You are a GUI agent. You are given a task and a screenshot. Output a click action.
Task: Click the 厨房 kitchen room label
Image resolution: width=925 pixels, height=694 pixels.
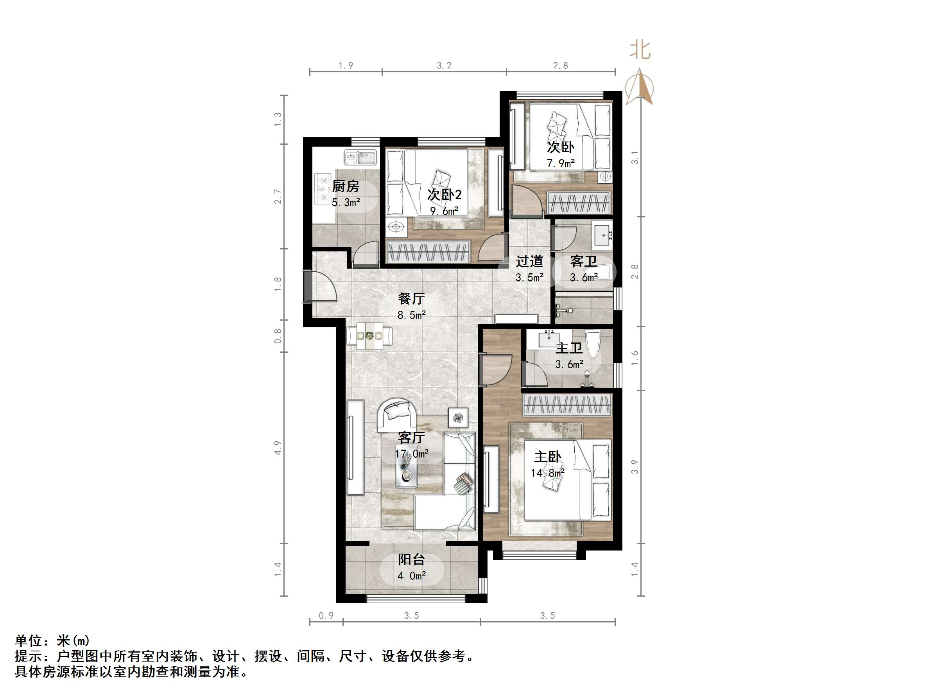point(346,186)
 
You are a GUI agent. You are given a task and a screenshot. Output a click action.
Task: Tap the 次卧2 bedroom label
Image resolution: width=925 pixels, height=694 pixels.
point(444,195)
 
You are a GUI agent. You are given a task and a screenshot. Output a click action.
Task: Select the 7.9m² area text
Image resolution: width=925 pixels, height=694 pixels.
point(560,163)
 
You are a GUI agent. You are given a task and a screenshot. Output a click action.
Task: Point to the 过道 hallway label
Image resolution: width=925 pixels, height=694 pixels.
point(529,262)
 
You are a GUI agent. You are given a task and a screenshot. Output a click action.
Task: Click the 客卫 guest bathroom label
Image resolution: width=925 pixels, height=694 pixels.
point(583,262)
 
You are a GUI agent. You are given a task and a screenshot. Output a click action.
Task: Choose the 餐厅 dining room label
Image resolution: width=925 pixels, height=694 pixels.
point(411,299)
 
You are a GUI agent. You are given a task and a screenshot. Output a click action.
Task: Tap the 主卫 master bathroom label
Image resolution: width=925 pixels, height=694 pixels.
point(569,348)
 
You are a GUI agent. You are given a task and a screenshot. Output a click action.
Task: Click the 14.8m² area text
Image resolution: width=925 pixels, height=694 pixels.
point(547,473)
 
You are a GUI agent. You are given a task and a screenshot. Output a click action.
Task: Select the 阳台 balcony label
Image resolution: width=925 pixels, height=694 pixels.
point(411,560)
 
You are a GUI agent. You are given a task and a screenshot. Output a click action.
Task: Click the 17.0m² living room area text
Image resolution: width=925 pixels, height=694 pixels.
point(412,454)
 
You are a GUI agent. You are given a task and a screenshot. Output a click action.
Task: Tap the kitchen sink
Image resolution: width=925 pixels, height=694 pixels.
point(360,158)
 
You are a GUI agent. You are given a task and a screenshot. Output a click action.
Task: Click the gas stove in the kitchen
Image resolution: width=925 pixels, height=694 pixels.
point(323,189)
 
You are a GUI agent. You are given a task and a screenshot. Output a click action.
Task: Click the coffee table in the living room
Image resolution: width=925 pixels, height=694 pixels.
point(406,470)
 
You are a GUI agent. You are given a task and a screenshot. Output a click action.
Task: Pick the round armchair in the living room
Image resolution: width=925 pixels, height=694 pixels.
point(397,414)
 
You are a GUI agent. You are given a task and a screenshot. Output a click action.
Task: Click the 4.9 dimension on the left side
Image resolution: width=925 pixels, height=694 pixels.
point(278,448)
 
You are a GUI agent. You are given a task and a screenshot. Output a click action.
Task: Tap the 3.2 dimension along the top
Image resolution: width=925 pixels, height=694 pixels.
point(444,66)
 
